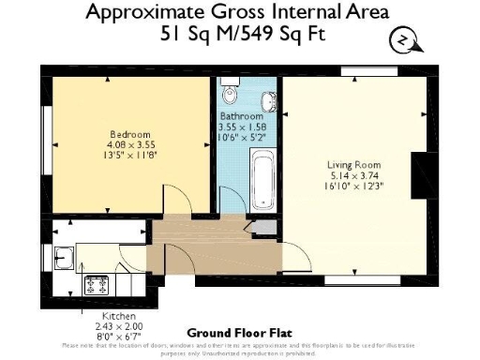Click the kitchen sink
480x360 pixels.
[63, 254]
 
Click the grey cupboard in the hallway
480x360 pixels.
[265, 227]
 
